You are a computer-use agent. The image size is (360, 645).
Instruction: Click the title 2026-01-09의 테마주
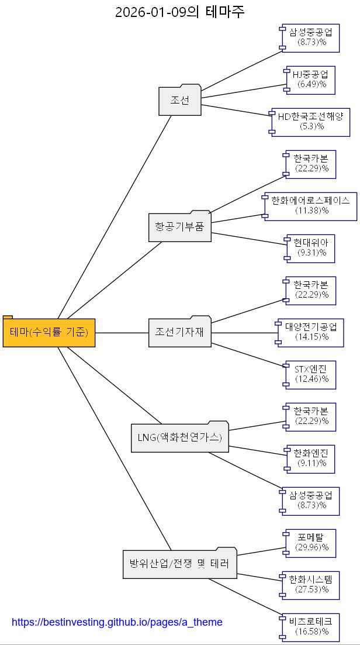[x=179, y=12]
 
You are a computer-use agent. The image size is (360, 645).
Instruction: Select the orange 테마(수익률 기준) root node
[x=49, y=332]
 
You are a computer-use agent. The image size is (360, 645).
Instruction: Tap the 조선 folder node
[x=180, y=101]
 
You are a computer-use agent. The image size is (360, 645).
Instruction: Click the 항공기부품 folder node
[x=179, y=227]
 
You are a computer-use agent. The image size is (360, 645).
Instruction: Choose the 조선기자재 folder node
[x=179, y=332]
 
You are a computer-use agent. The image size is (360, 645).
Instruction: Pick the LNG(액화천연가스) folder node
[x=179, y=437]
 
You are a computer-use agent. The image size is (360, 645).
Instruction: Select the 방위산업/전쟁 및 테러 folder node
[x=179, y=564]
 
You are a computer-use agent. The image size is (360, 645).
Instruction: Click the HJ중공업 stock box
[x=311, y=80]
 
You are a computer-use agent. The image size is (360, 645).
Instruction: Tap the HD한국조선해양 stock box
[x=311, y=122]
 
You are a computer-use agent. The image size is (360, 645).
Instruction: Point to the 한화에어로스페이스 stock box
[x=311, y=206]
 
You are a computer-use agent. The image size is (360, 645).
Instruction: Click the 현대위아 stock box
[x=311, y=248]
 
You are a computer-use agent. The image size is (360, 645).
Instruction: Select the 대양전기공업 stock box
[x=311, y=332]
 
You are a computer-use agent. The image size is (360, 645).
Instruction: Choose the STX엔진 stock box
[x=311, y=374]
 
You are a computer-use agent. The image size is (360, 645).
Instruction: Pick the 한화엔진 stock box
[x=311, y=458]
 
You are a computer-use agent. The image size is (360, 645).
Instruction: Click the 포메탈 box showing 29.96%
[x=311, y=543]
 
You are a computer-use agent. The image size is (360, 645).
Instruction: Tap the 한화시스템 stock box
[x=311, y=585]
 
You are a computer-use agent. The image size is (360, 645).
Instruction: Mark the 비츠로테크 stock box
[x=311, y=627]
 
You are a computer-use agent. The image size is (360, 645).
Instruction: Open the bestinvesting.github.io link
[x=117, y=622]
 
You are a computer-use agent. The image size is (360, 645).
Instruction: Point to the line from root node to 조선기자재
[x=122, y=333]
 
